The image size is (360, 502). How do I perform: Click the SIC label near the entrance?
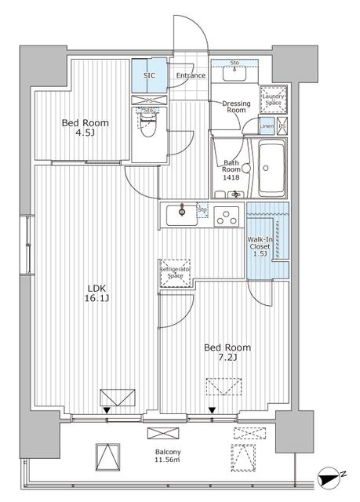pos(148,75)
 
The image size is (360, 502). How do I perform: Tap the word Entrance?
pos(190,76)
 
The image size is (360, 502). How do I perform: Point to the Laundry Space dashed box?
pos(273,97)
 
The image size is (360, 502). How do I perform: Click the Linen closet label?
pos(267,126)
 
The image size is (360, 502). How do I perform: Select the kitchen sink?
pos(183,213)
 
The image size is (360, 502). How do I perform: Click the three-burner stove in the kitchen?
pos(227,215)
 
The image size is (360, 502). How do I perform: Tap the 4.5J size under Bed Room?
pos(85,134)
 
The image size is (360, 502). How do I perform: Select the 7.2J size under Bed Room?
pos(227,358)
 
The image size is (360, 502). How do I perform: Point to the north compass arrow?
pos(330,475)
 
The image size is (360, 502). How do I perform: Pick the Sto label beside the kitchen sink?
pos(202,209)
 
